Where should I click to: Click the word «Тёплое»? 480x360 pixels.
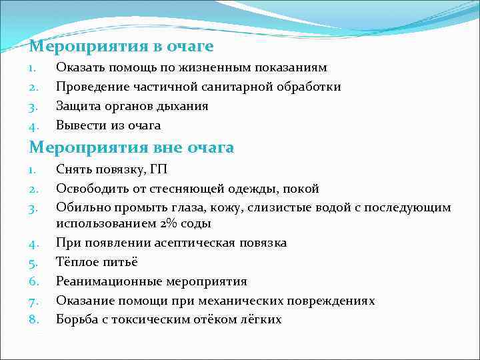[77, 262]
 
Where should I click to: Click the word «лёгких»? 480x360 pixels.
[261, 319]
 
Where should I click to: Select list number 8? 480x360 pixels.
[34, 319]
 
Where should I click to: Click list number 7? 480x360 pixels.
[34, 301]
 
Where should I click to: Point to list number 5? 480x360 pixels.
[34, 262]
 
